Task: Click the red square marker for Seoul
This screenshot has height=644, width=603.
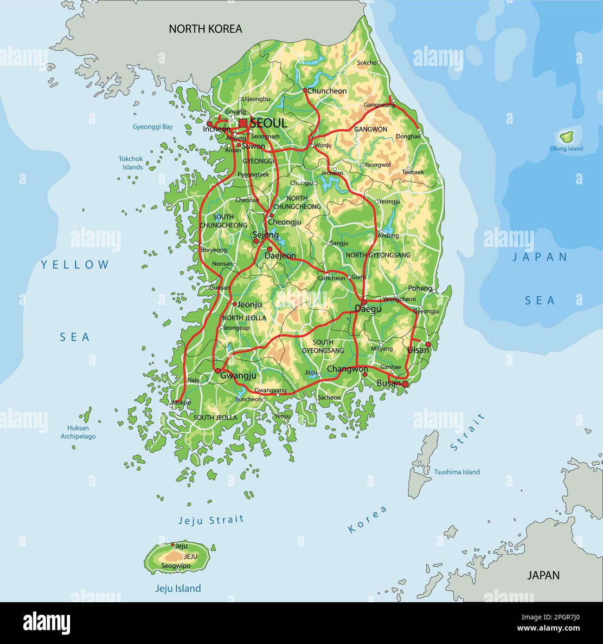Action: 243,123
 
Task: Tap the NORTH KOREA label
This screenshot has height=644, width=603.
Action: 205,29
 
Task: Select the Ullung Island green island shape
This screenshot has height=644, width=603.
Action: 565,137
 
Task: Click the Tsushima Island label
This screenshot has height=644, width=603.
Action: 456,472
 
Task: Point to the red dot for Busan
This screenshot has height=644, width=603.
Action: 405,384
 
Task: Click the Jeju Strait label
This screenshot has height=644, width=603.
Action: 211,520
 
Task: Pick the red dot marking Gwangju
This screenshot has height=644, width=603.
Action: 218,371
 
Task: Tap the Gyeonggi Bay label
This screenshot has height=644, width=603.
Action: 153,126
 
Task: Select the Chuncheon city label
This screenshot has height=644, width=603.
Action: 327,91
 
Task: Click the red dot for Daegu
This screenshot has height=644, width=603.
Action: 364,302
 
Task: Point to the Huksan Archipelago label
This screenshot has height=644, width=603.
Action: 78,432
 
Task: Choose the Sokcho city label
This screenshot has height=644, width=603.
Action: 366,63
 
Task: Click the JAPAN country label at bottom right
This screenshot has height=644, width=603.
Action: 543,575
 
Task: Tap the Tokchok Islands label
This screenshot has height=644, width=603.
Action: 131,163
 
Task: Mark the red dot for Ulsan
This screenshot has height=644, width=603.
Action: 428,344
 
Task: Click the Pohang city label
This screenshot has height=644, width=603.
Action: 420,288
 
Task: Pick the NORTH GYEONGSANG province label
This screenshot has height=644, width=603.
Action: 378,255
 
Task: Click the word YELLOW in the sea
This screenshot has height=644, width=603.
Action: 75,265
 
